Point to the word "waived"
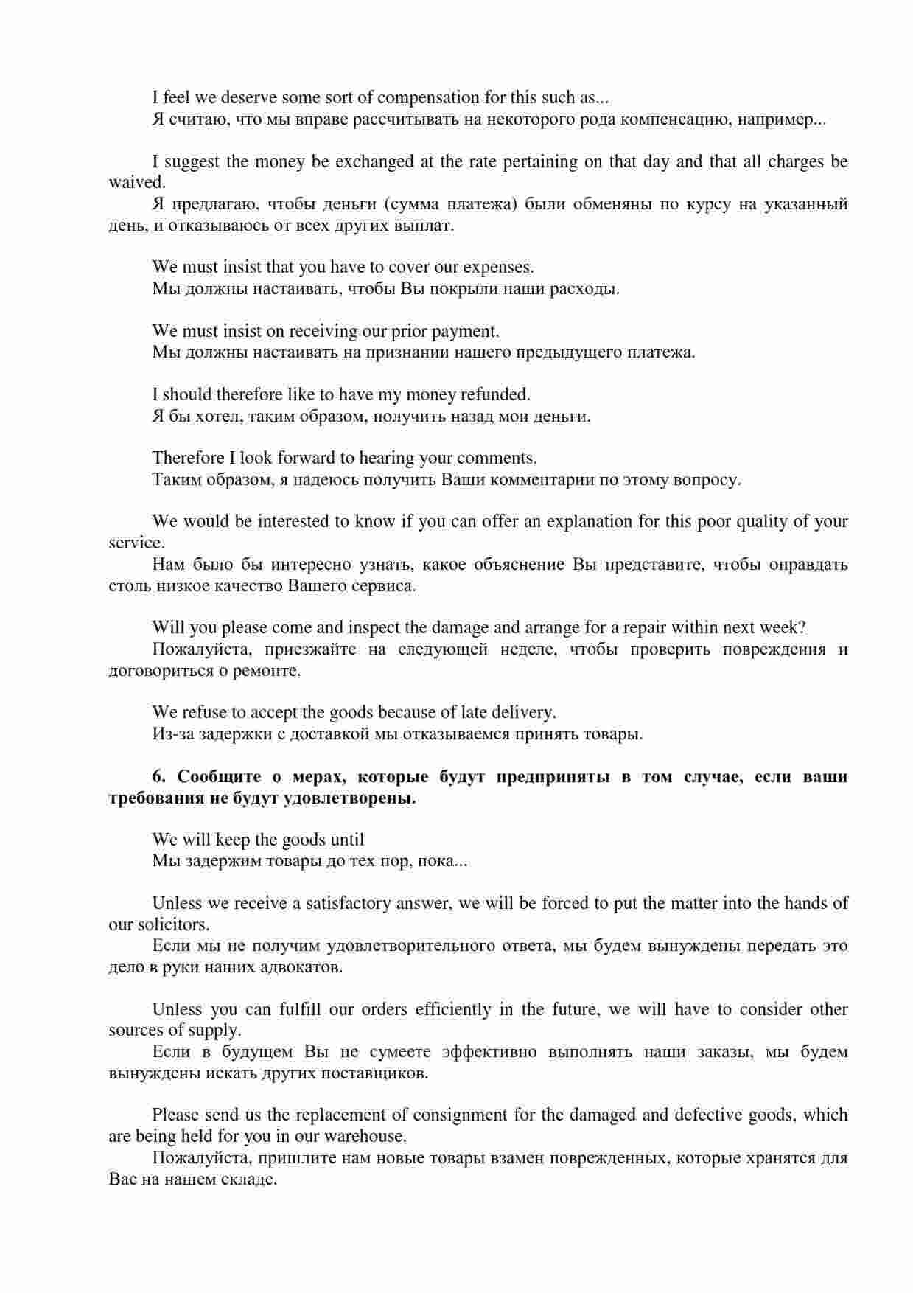point(136,182)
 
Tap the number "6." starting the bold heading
point(160,777)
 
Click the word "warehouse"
point(367,1136)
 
